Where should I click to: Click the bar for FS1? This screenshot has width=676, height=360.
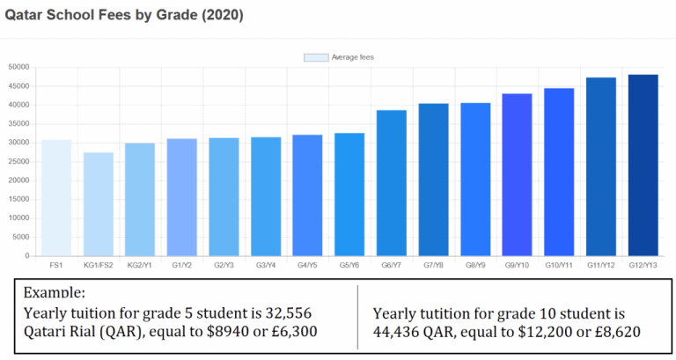coord(56,198)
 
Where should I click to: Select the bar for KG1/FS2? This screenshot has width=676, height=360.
coord(99,204)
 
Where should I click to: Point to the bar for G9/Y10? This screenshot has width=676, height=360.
coord(518,175)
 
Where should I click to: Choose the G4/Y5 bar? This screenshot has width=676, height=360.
coord(308,195)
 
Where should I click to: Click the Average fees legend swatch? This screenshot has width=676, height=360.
coord(316,57)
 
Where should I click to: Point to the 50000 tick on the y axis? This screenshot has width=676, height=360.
coord(18,68)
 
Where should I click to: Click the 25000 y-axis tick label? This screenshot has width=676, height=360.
coord(18,162)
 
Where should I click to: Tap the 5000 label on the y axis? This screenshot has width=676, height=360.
coord(21,238)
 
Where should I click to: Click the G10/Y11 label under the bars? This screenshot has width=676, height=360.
coord(559,264)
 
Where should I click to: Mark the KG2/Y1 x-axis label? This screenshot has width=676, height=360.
coord(141,264)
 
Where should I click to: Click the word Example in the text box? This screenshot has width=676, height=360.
coord(54,291)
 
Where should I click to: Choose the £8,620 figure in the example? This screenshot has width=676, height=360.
coord(613,331)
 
